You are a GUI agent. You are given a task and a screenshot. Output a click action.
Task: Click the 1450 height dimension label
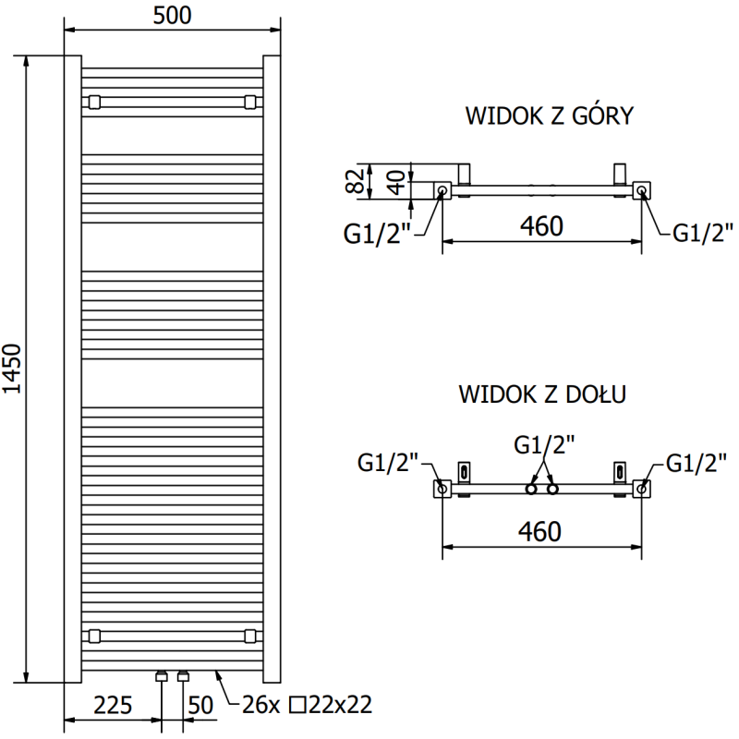[13, 369]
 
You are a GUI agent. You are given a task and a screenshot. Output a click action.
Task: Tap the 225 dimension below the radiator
[113, 707]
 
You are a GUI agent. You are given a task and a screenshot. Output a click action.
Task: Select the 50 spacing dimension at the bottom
[200, 707]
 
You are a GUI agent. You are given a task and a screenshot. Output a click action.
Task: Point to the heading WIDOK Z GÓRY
[549, 115]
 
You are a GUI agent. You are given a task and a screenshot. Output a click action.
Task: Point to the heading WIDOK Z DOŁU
[543, 394]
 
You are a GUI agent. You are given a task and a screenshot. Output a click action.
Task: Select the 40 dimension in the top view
[396, 182]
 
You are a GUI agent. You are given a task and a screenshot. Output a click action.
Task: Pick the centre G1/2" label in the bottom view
[544, 445]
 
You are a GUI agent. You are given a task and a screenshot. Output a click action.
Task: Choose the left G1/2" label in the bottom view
[388, 462]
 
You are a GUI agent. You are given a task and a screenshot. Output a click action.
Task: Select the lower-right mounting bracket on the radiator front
[250, 635]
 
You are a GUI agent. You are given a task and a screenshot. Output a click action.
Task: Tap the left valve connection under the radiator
[162, 676]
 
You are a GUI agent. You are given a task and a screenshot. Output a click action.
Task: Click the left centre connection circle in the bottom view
[531, 488]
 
